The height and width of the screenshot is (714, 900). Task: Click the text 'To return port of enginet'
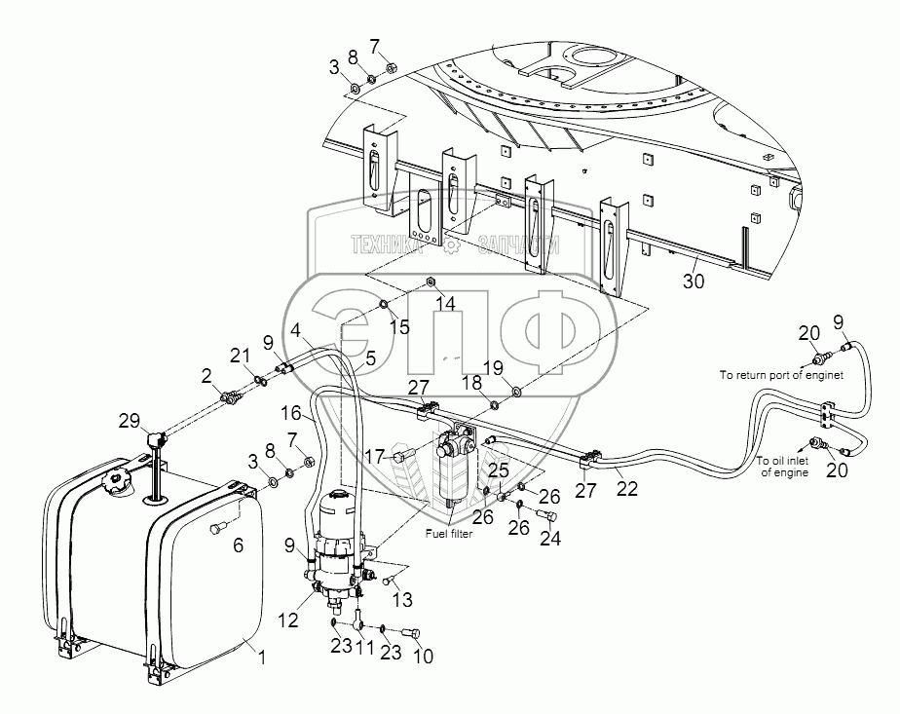[x=781, y=374]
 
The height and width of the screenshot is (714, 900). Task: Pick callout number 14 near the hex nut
[x=445, y=304]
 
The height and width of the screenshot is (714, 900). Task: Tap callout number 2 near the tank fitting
[x=206, y=376]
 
